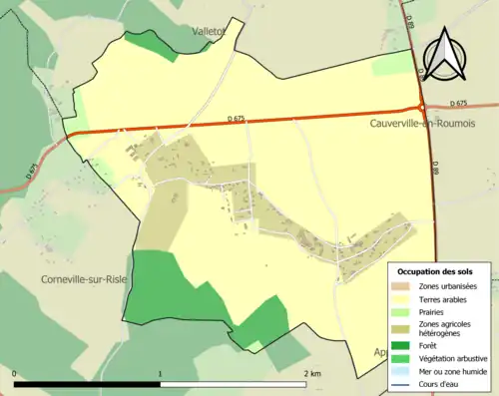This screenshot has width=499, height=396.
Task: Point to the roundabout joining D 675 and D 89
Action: tap(422, 107)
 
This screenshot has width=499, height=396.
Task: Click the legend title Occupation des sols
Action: tap(435, 271)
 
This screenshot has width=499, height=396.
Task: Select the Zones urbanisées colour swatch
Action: tap(402, 286)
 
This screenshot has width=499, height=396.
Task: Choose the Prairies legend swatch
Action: tap(402, 310)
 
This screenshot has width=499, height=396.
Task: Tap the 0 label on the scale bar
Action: tap(15, 374)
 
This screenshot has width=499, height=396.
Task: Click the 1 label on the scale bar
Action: tap(161, 374)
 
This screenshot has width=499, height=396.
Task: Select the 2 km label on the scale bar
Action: tap(312, 374)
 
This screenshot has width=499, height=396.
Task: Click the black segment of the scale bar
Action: tap(88, 384)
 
